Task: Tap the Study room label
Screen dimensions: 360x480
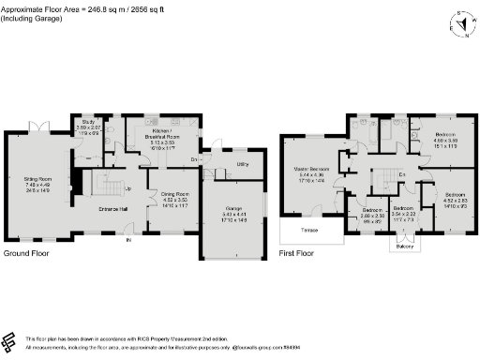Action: [89, 122]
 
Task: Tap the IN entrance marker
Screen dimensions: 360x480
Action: [129, 241]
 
